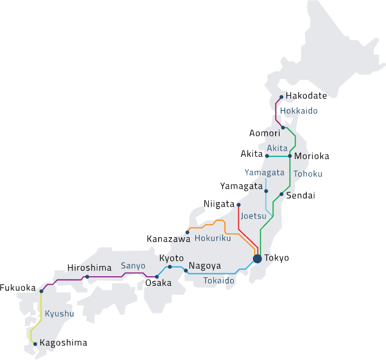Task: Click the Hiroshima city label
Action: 91,268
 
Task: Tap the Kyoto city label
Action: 171,258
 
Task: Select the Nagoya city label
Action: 205,265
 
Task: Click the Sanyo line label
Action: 133,265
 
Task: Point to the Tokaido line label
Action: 219,281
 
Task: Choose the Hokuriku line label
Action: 213,238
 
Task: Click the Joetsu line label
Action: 254,216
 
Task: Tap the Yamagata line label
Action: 264,173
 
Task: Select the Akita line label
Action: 278,148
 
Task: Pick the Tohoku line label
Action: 308,174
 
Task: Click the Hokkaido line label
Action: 299,111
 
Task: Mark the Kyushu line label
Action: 59,313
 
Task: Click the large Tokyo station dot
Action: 257,259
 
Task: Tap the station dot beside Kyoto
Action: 170,267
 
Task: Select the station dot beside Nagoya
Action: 186,271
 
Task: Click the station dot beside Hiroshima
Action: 87,277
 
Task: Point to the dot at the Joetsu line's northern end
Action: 239,204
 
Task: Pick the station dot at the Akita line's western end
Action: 267,156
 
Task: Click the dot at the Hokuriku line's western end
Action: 187,232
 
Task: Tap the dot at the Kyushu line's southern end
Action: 35,344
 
